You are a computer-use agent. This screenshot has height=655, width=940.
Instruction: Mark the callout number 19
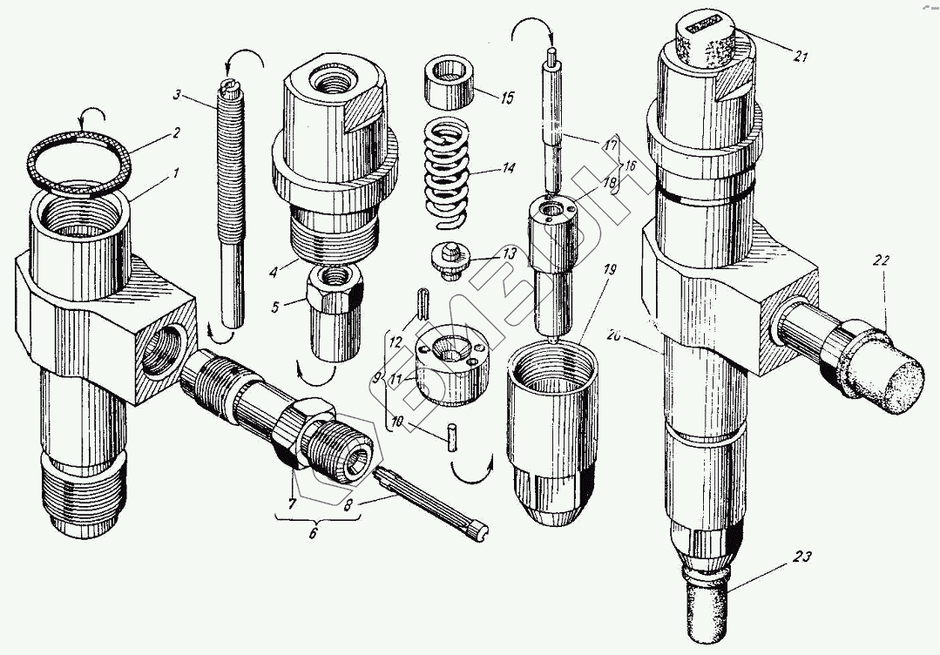coord(607,271)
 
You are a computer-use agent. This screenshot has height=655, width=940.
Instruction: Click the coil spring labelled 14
coord(451,169)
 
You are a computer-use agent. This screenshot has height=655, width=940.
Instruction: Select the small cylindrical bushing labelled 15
coord(450,84)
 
